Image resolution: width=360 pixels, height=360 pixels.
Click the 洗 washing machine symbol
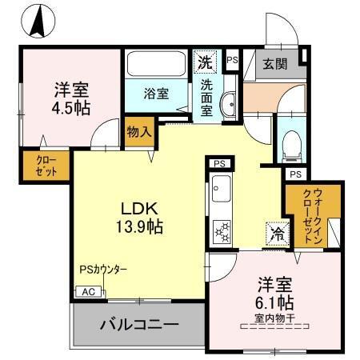coord(206,61)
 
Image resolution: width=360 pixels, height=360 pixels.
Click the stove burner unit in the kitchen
coord(220,232)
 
